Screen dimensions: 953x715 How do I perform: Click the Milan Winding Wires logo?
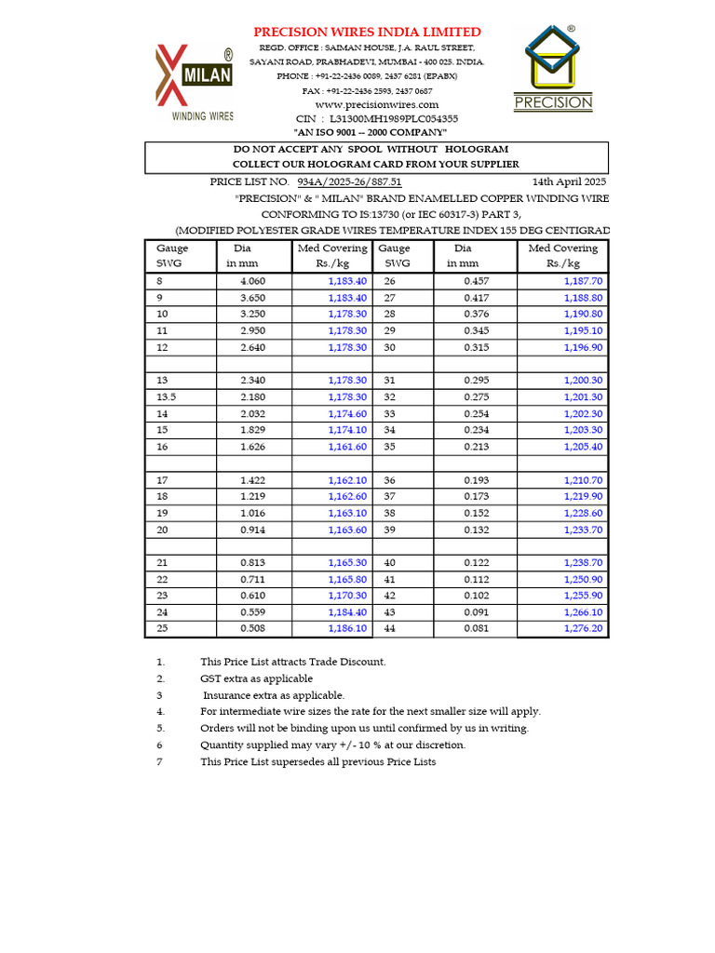pos(194,84)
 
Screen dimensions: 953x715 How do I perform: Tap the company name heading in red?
pos(368,32)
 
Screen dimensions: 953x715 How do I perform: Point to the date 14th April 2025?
pos(569,181)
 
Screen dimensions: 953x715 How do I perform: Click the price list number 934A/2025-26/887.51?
pos(349,181)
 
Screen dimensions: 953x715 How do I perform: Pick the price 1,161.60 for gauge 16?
pos(347,447)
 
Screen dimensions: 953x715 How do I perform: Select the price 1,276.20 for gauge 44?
pos(583,628)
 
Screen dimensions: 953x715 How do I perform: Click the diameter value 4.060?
pos(252,281)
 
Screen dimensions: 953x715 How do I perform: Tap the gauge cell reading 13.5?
pos(167,397)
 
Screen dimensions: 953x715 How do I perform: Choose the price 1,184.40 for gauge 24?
pos(347,612)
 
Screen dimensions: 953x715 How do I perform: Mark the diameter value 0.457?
pos(477,281)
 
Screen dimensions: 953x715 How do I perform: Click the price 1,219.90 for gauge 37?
pos(583,497)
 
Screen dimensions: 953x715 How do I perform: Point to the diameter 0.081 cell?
pos(477,628)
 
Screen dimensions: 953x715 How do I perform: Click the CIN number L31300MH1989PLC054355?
pos(390,119)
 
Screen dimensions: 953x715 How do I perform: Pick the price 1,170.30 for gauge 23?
pos(347,596)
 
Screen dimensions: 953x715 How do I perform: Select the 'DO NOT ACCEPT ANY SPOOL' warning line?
pos(375,149)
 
